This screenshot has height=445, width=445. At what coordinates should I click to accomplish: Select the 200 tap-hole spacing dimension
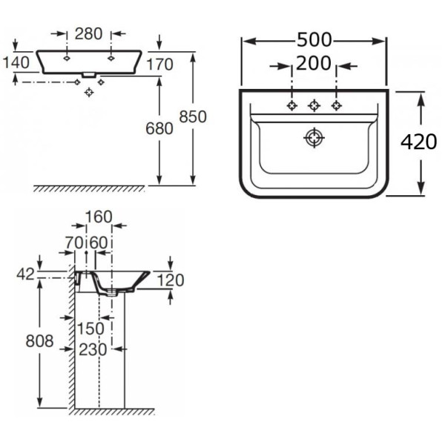314,65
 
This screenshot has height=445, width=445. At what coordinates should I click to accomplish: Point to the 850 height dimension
193,116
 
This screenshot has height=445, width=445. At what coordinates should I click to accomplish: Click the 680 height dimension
159,128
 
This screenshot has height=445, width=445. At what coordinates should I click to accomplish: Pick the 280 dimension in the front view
88,33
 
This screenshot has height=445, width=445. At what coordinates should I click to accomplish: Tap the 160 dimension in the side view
98,217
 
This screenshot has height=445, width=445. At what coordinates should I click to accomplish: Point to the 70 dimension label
73,242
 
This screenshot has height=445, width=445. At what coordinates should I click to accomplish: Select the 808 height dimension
39,341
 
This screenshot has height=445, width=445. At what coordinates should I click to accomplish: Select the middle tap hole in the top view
314,105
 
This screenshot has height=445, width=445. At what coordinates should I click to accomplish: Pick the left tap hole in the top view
292,105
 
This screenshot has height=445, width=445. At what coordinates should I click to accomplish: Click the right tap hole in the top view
337,105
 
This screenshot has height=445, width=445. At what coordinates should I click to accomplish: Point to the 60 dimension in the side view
99,242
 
